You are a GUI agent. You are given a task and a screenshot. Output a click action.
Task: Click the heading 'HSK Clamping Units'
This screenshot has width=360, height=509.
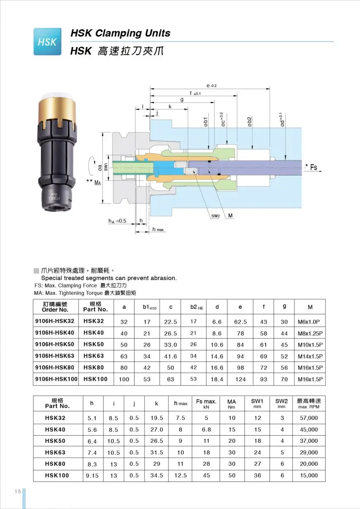tap(120, 33)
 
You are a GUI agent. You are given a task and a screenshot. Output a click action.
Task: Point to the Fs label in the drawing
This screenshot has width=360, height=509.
tap(313, 167)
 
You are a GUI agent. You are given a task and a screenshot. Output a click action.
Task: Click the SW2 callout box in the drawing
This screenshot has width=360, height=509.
tap(216, 216)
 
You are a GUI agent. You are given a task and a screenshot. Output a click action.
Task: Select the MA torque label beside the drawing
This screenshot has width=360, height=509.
tap(97, 182)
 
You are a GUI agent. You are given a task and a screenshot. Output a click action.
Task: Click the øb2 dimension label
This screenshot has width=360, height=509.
tap(250, 120)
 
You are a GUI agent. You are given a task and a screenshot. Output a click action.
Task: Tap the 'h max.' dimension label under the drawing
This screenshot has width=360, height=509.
tap(158, 229)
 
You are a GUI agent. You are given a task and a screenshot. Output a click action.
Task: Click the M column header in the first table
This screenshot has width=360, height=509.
tap(310, 307)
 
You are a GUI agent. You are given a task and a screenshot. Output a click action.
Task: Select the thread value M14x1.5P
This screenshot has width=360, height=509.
tap(310, 356)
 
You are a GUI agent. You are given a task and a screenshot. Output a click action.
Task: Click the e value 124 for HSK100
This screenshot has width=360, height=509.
tap(241, 379)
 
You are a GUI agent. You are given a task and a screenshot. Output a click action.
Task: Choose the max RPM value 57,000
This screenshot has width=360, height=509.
tap(309, 418)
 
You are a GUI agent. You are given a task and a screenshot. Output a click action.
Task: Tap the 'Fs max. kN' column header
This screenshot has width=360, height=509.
tap(206, 403)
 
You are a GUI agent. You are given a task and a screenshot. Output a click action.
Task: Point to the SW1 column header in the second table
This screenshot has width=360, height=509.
tap(257, 403)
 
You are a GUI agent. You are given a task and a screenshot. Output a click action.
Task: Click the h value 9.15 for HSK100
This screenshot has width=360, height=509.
tap(92, 475)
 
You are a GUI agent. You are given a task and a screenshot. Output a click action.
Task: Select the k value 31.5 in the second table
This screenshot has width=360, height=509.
tap(157, 453)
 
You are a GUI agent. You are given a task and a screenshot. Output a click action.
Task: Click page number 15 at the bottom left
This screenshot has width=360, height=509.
tap(17, 491)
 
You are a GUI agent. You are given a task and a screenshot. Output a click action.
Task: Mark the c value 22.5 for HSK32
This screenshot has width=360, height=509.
tap(171, 322)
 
